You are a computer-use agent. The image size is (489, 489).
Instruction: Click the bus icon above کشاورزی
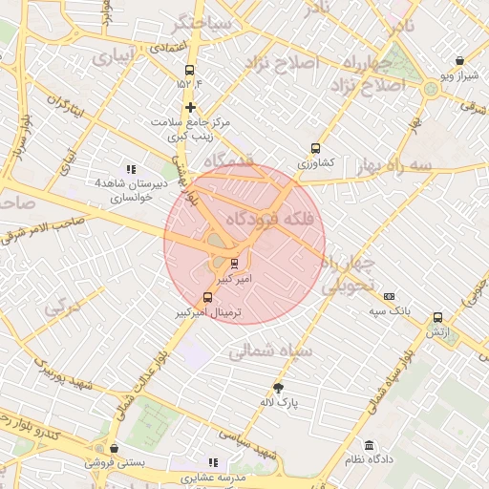[315, 149]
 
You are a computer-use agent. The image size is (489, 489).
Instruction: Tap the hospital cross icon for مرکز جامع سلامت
[191, 108]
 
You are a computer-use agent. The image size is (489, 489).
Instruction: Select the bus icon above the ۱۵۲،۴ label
[189, 70]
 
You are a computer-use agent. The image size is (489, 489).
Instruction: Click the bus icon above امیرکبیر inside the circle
[235, 265]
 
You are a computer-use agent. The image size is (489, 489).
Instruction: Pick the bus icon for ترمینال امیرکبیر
[209, 297]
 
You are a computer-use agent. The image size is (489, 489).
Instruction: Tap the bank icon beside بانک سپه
[389, 296]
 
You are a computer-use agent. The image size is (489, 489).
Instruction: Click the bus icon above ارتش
[438, 317]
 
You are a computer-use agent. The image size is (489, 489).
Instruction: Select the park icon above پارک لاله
[278, 388]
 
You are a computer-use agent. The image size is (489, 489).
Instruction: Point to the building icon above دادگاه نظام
[369, 445]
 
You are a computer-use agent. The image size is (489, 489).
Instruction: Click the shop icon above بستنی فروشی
[115, 448]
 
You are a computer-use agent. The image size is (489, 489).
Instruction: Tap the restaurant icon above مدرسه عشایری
[213, 462]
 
